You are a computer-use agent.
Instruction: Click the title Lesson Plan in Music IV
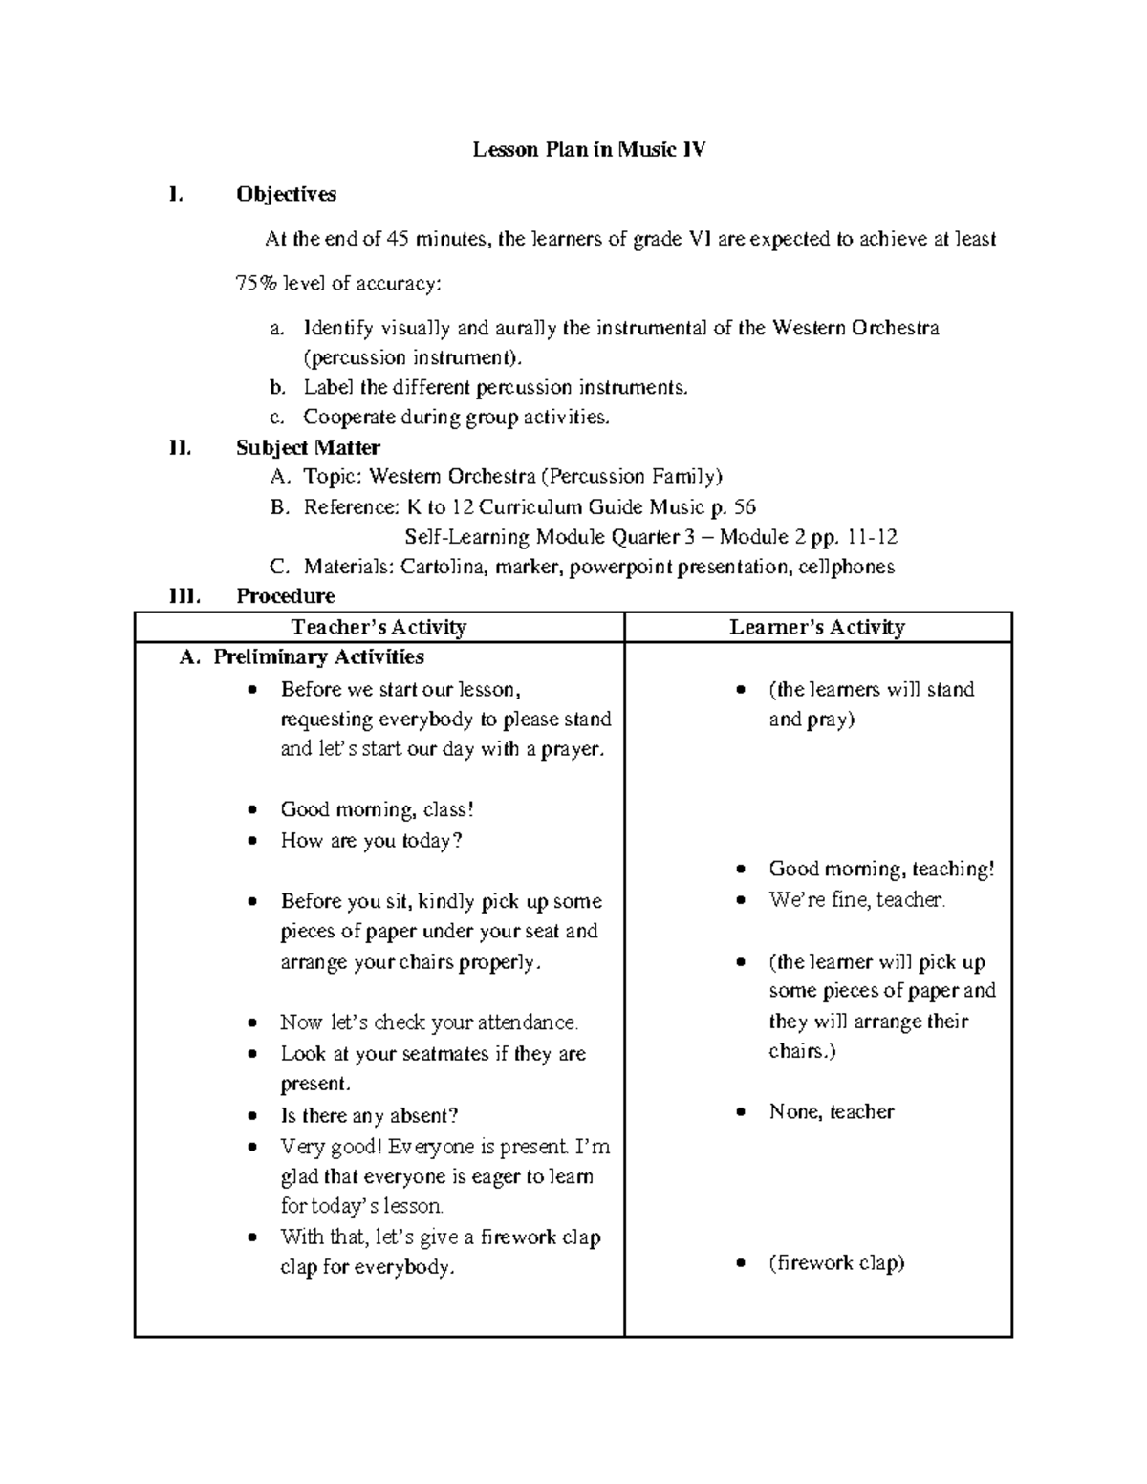coord(589,149)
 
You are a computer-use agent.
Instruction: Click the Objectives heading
coord(286,194)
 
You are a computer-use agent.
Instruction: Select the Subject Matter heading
coord(308,447)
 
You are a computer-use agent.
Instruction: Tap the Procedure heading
coord(285,596)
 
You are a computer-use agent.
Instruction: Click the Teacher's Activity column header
coord(379,627)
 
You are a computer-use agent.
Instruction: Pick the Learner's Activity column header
coord(816,627)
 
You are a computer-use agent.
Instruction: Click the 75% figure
coord(253,283)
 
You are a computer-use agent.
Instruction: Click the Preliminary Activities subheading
coord(318,656)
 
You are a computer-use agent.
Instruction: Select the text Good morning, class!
coord(377,809)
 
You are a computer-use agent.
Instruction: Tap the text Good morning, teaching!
coord(881,869)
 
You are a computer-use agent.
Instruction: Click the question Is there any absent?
coord(369,1115)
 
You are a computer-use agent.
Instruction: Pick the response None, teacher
coord(831,1111)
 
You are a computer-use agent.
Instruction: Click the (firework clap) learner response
coord(836,1262)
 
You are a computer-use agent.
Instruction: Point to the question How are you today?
coord(371,840)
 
